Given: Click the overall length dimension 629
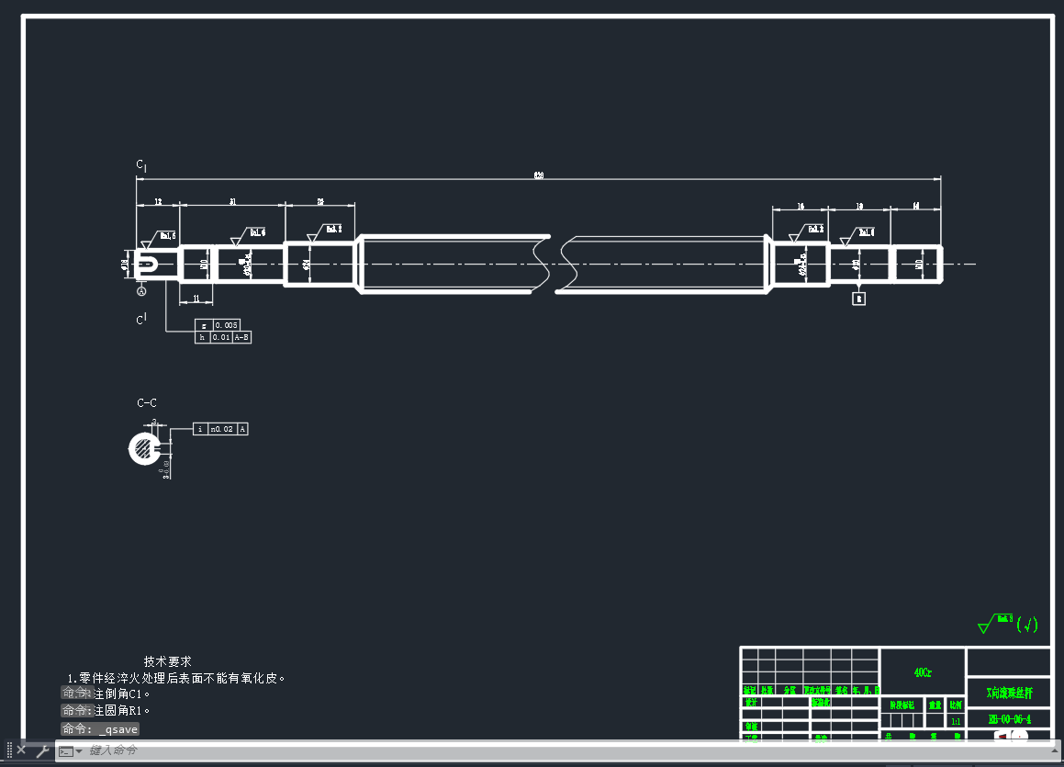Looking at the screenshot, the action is point(538,175).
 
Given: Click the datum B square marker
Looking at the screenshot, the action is point(859,299).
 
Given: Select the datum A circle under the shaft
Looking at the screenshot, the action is point(141,291).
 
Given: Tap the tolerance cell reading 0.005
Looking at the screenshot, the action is point(226,325).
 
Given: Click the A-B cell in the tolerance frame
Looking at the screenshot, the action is point(241,338).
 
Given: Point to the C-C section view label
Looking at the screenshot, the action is point(147,403).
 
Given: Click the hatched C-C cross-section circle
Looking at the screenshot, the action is point(145,448).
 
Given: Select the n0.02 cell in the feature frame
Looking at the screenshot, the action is point(222,429).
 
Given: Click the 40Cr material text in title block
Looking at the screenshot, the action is point(923,672).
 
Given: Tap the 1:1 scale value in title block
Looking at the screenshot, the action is point(956,722).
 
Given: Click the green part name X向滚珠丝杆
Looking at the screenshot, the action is point(1008,693).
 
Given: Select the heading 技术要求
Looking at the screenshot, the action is point(168,661).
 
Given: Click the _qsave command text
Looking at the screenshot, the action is point(118,729).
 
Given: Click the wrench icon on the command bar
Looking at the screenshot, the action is point(42,750).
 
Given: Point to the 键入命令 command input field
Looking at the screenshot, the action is point(367,750).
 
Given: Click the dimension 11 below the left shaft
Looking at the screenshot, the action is point(196,299).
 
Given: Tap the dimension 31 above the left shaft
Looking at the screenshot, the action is point(232,201).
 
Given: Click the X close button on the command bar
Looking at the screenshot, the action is point(21,750).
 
